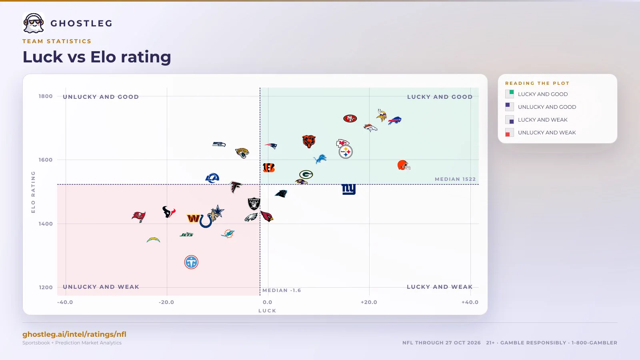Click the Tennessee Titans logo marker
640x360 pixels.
click(x=191, y=262)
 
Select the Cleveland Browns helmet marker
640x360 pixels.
click(x=404, y=165)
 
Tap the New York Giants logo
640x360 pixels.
click(x=348, y=189)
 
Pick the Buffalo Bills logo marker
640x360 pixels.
click(x=394, y=120)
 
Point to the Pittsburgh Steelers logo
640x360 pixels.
click(x=346, y=152)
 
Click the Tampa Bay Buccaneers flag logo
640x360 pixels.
click(x=138, y=217)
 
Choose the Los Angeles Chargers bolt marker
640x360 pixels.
click(x=153, y=240)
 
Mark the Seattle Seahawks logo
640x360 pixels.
click(x=219, y=144)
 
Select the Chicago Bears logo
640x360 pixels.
click(x=309, y=142)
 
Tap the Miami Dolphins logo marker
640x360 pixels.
click(x=228, y=234)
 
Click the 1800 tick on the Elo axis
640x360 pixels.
click(x=46, y=96)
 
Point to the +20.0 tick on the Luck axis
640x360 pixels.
click(x=369, y=302)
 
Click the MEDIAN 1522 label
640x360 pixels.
click(x=455, y=179)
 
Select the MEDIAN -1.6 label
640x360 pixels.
click(x=282, y=290)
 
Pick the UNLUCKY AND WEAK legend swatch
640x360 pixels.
click(x=510, y=132)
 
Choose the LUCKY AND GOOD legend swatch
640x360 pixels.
click(x=510, y=94)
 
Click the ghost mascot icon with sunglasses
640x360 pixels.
click(x=34, y=23)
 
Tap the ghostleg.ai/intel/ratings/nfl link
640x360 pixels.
click(x=74, y=334)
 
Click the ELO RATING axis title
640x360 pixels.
click(x=33, y=192)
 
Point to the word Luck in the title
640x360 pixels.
click(x=42, y=57)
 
